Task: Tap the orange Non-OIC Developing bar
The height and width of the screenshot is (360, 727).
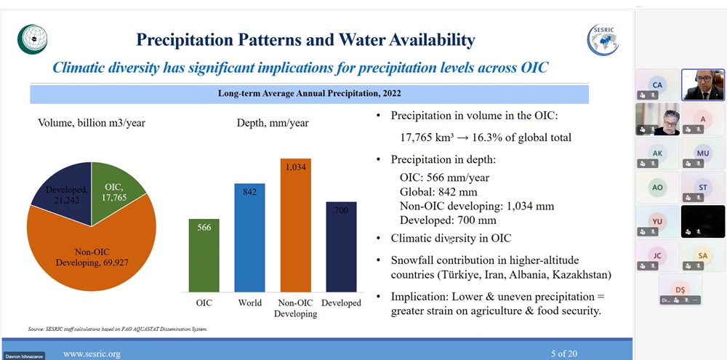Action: (295, 225)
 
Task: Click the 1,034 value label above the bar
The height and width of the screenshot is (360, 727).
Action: (296, 167)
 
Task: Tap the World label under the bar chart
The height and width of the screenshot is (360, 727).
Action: (249, 303)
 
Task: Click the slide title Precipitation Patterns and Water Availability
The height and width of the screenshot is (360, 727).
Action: (305, 40)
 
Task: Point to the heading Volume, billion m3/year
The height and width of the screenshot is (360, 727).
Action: (92, 123)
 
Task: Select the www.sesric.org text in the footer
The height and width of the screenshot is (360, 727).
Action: (92, 353)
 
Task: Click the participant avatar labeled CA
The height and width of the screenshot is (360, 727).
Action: (657, 85)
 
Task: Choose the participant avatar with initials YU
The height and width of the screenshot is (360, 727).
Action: (657, 221)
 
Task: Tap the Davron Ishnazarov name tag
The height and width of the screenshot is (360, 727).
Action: (24, 356)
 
